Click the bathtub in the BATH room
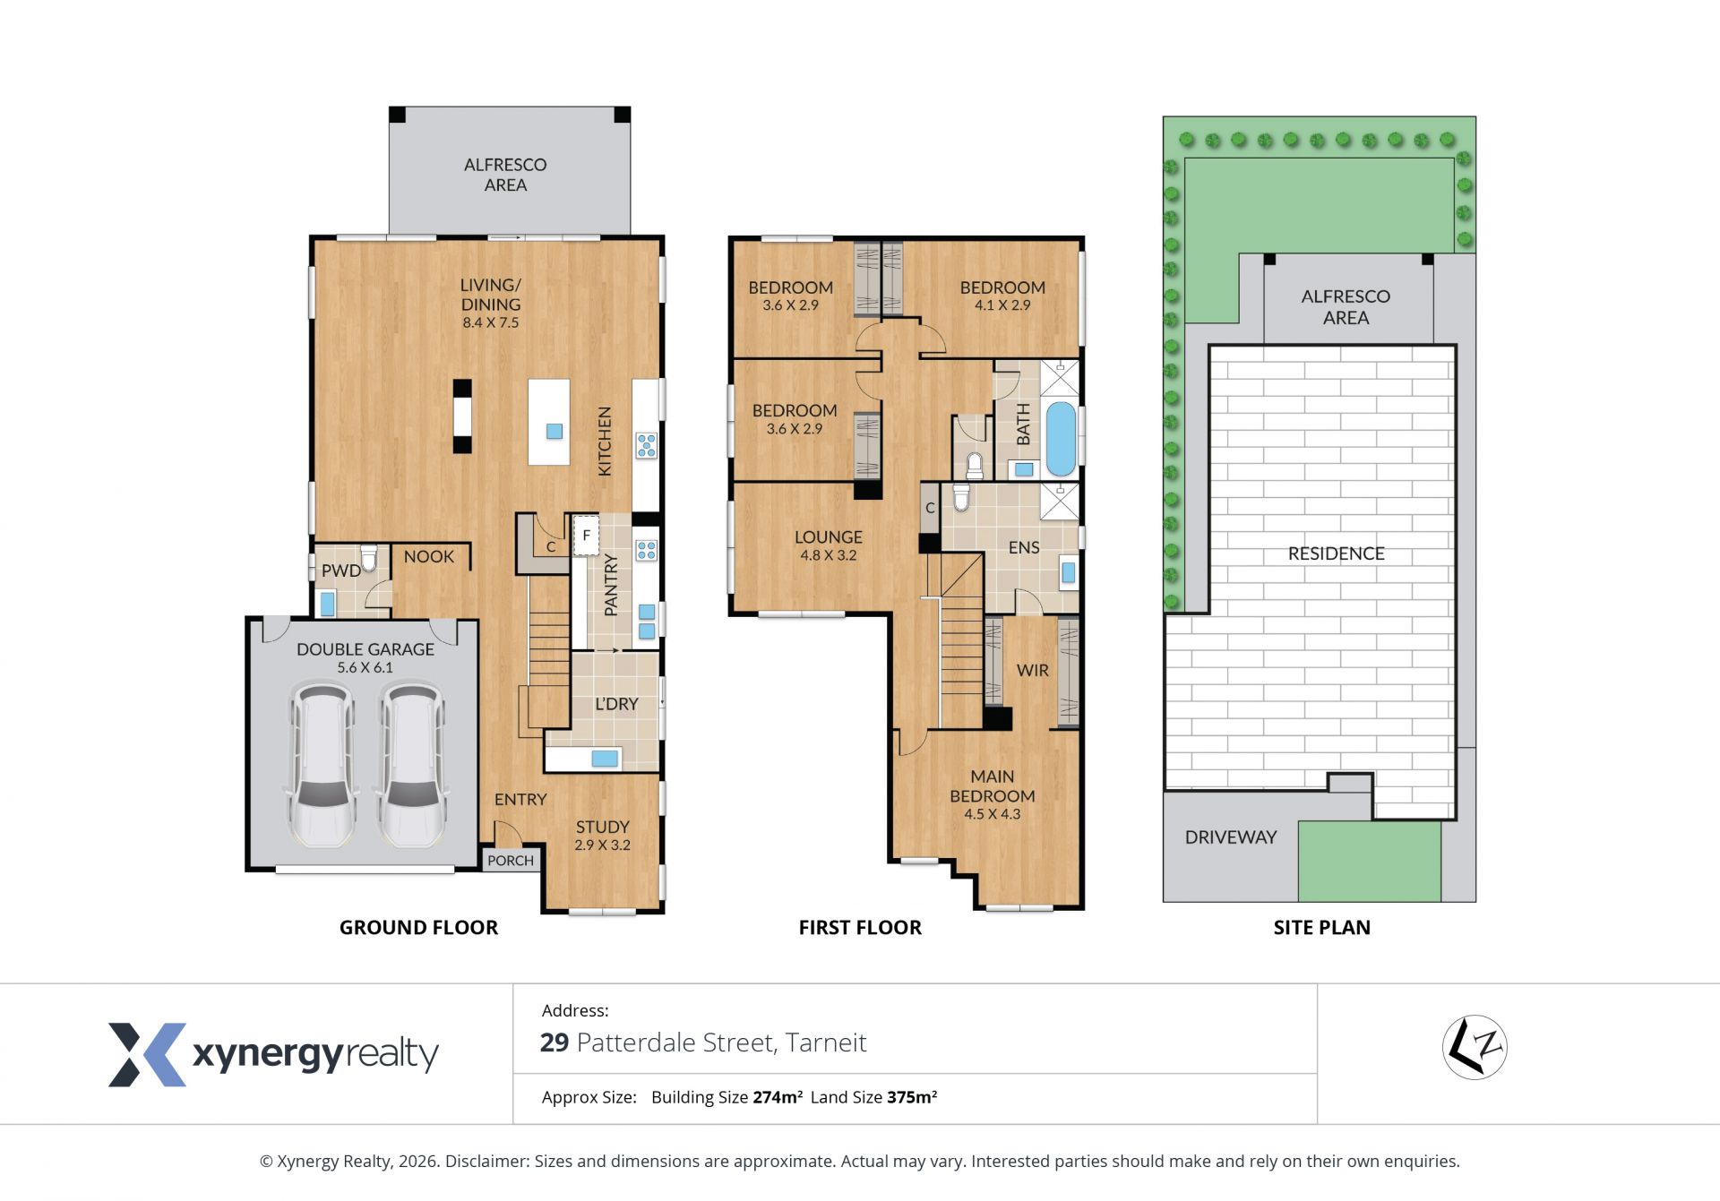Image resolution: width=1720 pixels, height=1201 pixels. [x=1060, y=439]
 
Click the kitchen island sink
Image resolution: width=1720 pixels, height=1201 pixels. [x=555, y=431]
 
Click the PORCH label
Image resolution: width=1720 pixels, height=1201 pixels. [x=511, y=861]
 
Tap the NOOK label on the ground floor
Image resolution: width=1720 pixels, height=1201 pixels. [x=428, y=556]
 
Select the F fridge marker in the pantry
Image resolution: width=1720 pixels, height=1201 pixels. [x=586, y=536]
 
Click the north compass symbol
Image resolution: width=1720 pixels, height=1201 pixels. [x=1475, y=1047]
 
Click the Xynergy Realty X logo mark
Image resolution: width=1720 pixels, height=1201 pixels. [x=148, y=1054]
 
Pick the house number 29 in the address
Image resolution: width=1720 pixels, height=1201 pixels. [x=555, y=1042]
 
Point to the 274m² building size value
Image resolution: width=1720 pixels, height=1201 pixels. [x=778, y=1097]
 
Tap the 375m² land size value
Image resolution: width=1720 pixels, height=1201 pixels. [x=912, y=1097]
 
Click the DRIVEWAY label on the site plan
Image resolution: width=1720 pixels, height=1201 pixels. [x=1230, y=837]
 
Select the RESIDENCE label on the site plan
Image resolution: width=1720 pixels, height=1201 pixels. [x=1336, y=553]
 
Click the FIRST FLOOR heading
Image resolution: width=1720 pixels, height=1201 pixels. [x=860, y=928]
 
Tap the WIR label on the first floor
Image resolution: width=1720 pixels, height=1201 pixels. [x=1032, y=670]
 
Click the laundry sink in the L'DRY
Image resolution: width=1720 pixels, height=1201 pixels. [x=605, y=759]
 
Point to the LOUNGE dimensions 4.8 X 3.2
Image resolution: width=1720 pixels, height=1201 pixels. [x=829, y=555]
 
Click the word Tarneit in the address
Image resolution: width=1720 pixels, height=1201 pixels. [x=827, y=1042]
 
